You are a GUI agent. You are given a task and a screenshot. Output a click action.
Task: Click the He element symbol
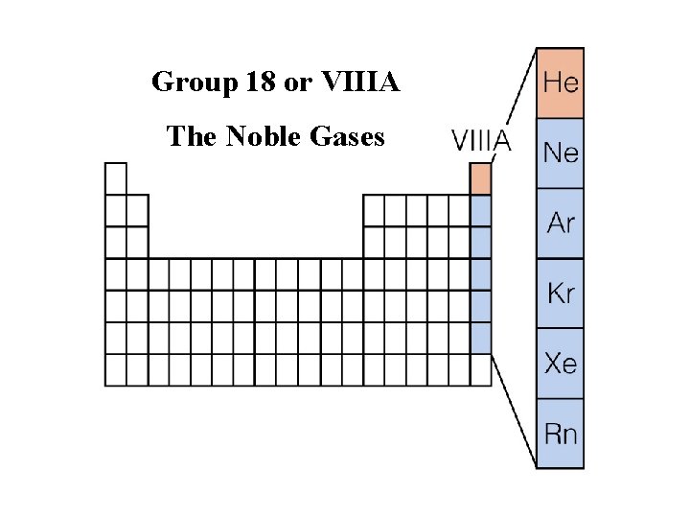coord(561,82)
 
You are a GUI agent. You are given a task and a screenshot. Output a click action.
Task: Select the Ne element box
coord(561,153)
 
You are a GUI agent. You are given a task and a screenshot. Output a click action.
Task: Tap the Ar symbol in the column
coord(561,224)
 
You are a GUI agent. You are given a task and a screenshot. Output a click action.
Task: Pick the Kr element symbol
coord(561,294)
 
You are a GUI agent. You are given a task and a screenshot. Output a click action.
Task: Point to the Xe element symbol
coord(561,364)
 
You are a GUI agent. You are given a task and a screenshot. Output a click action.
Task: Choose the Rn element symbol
coord(561,434)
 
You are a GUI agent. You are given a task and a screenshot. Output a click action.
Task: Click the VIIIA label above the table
coord(481,142)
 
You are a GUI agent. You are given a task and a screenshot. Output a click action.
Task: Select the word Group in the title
coord(191,83)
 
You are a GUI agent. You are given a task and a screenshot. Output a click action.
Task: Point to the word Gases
coord(347,137)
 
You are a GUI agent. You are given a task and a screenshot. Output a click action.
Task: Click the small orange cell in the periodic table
coord(480,179)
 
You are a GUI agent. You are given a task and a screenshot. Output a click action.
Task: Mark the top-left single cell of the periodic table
coord(115,178)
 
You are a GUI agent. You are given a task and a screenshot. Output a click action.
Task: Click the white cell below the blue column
coord(480,369)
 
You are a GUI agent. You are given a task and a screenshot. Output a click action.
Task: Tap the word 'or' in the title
coord(299,83)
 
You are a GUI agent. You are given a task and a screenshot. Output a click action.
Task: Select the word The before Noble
coord(192,137)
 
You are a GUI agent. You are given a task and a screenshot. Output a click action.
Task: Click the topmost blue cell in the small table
coord(480,211)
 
